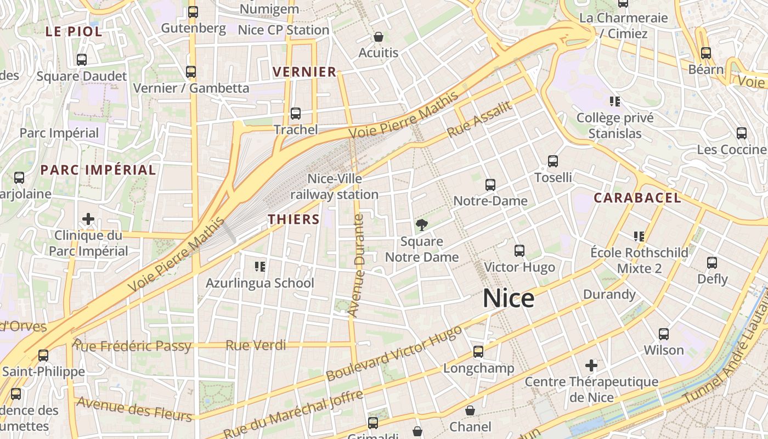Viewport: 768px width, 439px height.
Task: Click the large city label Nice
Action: click(509, 299)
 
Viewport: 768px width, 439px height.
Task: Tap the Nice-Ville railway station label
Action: click(334, 187)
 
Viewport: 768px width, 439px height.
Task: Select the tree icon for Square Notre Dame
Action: click(421, 224)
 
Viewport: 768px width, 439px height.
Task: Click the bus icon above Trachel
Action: click(296, 114)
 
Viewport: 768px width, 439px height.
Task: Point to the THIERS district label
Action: click(293, 219)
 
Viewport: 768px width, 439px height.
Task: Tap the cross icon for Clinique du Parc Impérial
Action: click(88, 219)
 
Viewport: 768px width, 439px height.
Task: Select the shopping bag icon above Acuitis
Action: click(378, 37)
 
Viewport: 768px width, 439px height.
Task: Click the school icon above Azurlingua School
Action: click(260, 267)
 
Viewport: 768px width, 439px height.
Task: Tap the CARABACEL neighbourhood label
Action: click(637, 198)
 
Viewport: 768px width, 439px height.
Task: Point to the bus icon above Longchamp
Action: click(478, 352)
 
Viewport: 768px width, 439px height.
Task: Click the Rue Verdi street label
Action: click(256, 345)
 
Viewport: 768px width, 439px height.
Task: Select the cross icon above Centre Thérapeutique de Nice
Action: click(591, 365)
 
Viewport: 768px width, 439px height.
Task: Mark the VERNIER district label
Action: click(304, 72)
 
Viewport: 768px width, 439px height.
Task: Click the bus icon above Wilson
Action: click(664, 334)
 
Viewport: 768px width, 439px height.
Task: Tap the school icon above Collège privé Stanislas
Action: click(615, 102)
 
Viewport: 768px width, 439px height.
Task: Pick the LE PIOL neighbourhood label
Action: click(74, 32)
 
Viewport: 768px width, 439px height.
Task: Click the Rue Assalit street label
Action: click(479, 120)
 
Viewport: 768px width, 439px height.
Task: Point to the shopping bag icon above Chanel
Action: click(470, 410)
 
